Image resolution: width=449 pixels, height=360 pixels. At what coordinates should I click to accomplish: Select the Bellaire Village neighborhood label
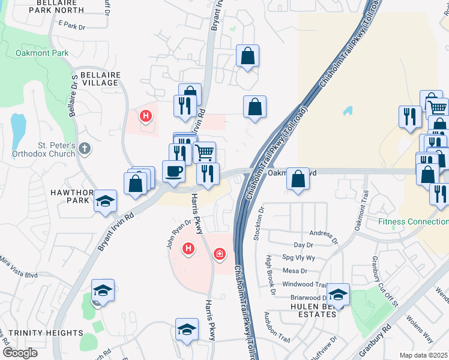(x=97, y=79)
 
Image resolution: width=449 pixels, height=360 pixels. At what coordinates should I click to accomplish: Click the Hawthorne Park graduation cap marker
(x=105, y=200)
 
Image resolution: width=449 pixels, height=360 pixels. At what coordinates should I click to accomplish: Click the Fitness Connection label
(x=413, y=221)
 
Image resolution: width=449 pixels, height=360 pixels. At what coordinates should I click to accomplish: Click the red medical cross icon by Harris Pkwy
(x=220, y=255)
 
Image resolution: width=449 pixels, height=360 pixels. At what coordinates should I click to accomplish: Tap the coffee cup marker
(x=173, y=170)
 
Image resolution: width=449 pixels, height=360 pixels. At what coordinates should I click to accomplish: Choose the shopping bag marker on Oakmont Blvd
(x=298, y=178)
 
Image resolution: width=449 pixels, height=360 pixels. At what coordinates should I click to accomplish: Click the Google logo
(x=20, y=353)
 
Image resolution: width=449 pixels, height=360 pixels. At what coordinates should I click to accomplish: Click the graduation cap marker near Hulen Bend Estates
(x=338, y=294)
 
